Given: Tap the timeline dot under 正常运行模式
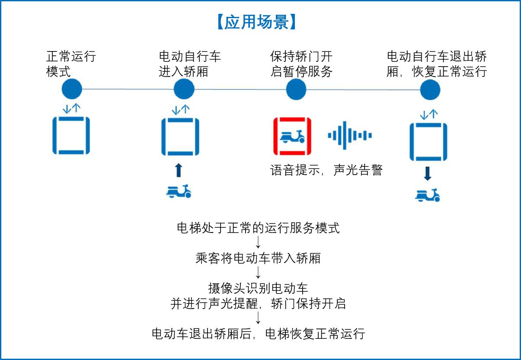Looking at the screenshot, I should (x=72, y=89).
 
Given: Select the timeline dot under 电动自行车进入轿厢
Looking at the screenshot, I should (x=184, y=89).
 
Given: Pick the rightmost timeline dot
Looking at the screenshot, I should (x=431, y=90).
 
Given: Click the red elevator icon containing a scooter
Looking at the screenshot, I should (x=292, y=136).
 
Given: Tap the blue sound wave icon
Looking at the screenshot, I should (x=349, y=136).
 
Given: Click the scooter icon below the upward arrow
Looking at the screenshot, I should (x=179, y=191).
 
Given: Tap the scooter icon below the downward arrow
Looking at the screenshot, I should (x=428, y=195).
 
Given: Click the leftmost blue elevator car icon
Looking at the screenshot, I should (x=71, y=136).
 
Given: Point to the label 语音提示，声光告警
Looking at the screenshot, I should (x=326, y=170).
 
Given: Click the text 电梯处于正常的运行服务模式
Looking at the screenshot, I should (x=258, y=228).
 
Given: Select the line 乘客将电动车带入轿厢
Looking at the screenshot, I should (x=258, y=258).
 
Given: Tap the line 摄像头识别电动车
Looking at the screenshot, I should (x=258, y=288).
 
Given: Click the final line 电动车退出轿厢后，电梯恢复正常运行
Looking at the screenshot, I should (x=258, y=334).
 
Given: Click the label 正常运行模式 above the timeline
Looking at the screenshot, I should (x=70, y=64).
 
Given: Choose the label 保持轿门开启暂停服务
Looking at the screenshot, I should (x=301, y=64).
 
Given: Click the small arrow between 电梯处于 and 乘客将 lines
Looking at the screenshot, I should (x=258, y=243).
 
